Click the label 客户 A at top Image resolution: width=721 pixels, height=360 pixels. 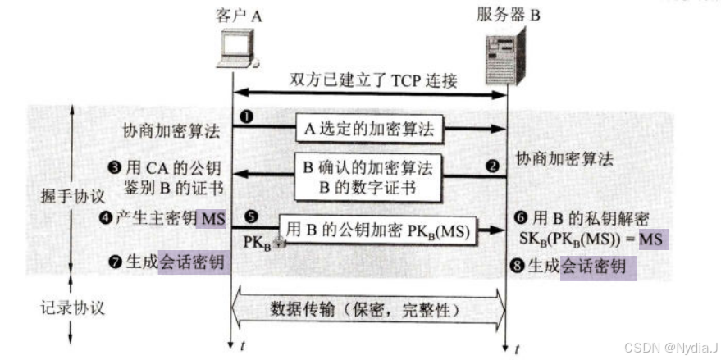[235, 16]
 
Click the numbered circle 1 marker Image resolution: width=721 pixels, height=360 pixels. [246, 117]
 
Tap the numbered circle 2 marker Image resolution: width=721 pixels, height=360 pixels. [493, 165]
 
